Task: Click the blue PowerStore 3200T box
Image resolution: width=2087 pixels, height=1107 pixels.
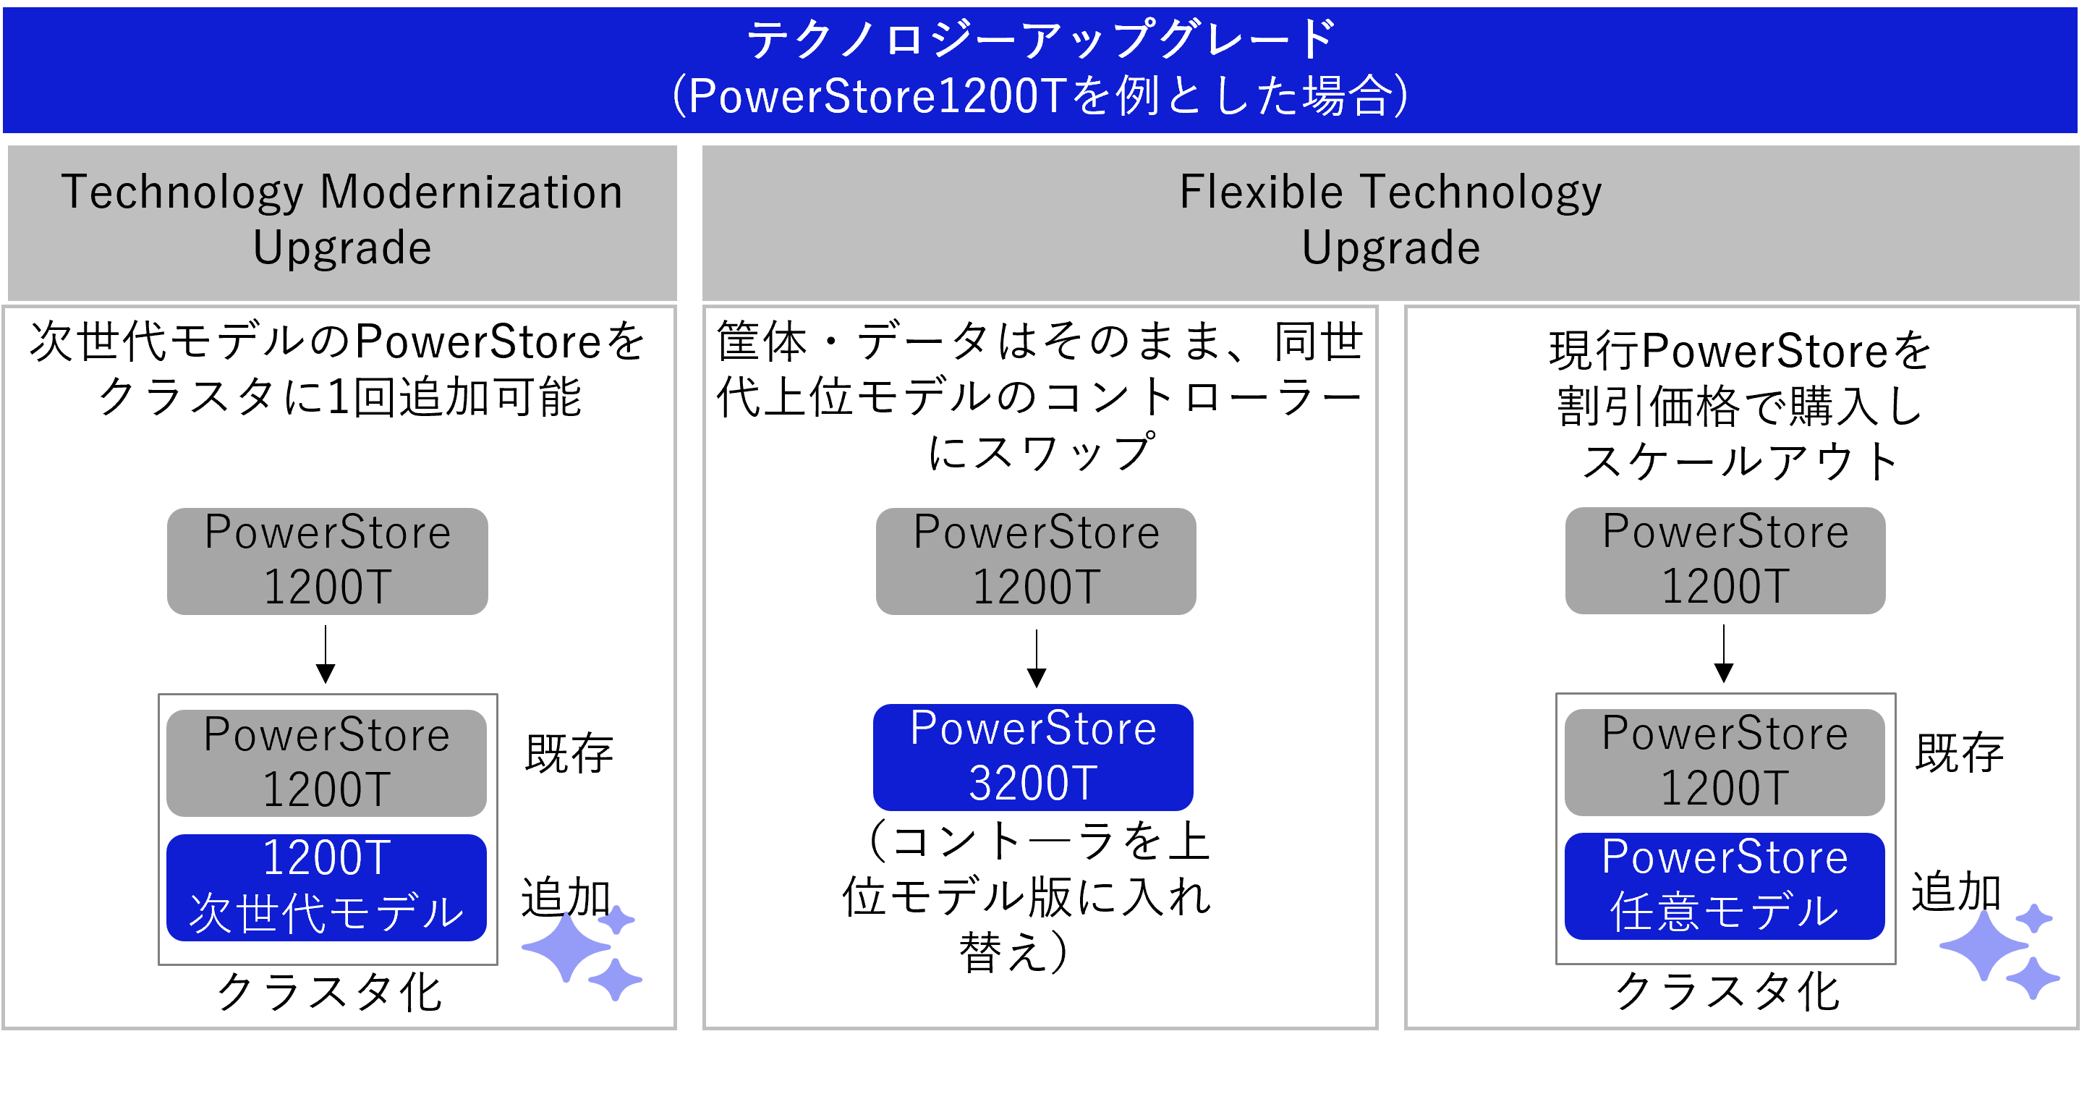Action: pos(1033,757)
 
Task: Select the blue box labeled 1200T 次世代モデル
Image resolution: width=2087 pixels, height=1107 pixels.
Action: pos(326,886)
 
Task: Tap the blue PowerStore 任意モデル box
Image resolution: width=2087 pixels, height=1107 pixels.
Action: pos(1724,886)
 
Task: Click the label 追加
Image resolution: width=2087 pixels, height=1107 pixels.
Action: pos(1956,891)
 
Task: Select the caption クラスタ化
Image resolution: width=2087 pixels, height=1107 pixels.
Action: pos(1727,991)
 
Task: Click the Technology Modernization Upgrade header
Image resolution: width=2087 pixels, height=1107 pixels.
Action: pos(342,221)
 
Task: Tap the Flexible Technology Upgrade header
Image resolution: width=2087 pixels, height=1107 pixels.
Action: pos(1390,221)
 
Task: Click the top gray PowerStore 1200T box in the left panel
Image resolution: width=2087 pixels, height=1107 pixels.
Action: pos(327,561)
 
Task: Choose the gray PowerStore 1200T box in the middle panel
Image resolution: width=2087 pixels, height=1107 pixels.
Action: pos(1035,561)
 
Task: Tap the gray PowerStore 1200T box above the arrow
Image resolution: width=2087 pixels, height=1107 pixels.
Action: pos(1725,560)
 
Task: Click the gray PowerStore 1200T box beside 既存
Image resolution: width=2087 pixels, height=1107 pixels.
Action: pos(1724,762)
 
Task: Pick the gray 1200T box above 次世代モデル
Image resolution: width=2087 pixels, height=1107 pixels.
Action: pos(326,763)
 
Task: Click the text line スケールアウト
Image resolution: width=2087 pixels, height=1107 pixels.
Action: pos(1740,462)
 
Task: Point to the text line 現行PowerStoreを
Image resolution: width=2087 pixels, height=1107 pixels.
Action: pos(1740,351)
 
